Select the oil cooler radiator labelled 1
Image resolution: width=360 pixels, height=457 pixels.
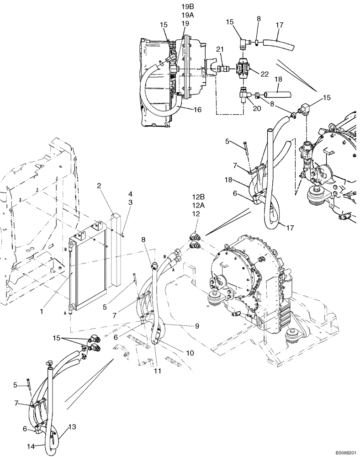pyautogui.click(x=89, y=270)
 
